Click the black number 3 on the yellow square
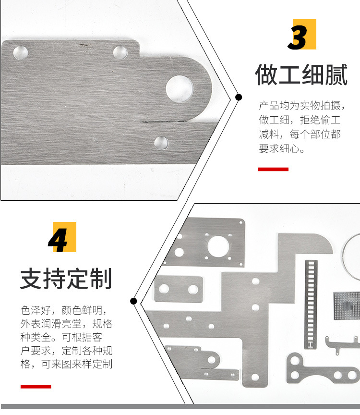tap(298, 37)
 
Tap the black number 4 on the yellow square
tap(58, 240)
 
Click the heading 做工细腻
tap(301, 74)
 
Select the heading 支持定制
tap(66, 279)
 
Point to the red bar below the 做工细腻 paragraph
tap(273, 169)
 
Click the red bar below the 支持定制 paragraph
tap(36, 386)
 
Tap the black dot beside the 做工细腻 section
tap(239, 97)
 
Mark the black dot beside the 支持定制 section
tap(133, 301)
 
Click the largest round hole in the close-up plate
tap(180, 89)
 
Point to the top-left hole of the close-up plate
tap(21, 52)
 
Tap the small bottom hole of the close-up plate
tap(161, 143)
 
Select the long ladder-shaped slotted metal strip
tap(311, 304)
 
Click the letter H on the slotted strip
tap(311, 344)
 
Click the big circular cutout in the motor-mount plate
tap(218, 246)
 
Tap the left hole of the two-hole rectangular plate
tap(164, 289)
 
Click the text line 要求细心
tap(282, 149)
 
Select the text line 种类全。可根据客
tap(61, 337)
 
